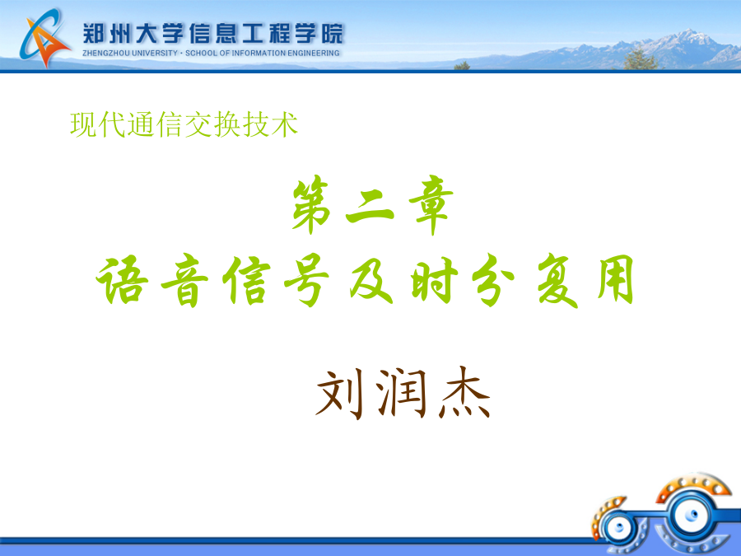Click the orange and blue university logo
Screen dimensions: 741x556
pos(44,38)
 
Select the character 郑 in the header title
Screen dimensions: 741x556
pos(94,34)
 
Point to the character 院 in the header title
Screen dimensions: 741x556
pos(333,34)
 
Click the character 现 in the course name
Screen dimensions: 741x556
pos(84,125)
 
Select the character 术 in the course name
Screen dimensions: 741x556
pos(284,125)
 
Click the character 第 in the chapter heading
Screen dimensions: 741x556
pos(311,204)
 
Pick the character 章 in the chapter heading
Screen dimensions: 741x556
pos(431,204)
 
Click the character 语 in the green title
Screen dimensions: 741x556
pos(122,280)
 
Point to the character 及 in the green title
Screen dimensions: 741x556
pos(371,281)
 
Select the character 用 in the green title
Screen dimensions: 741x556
pos(615,279)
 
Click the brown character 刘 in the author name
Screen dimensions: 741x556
pos(339,394)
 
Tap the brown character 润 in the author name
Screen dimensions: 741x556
pos(401,392)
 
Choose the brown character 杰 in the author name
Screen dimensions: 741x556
pos(465,392)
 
